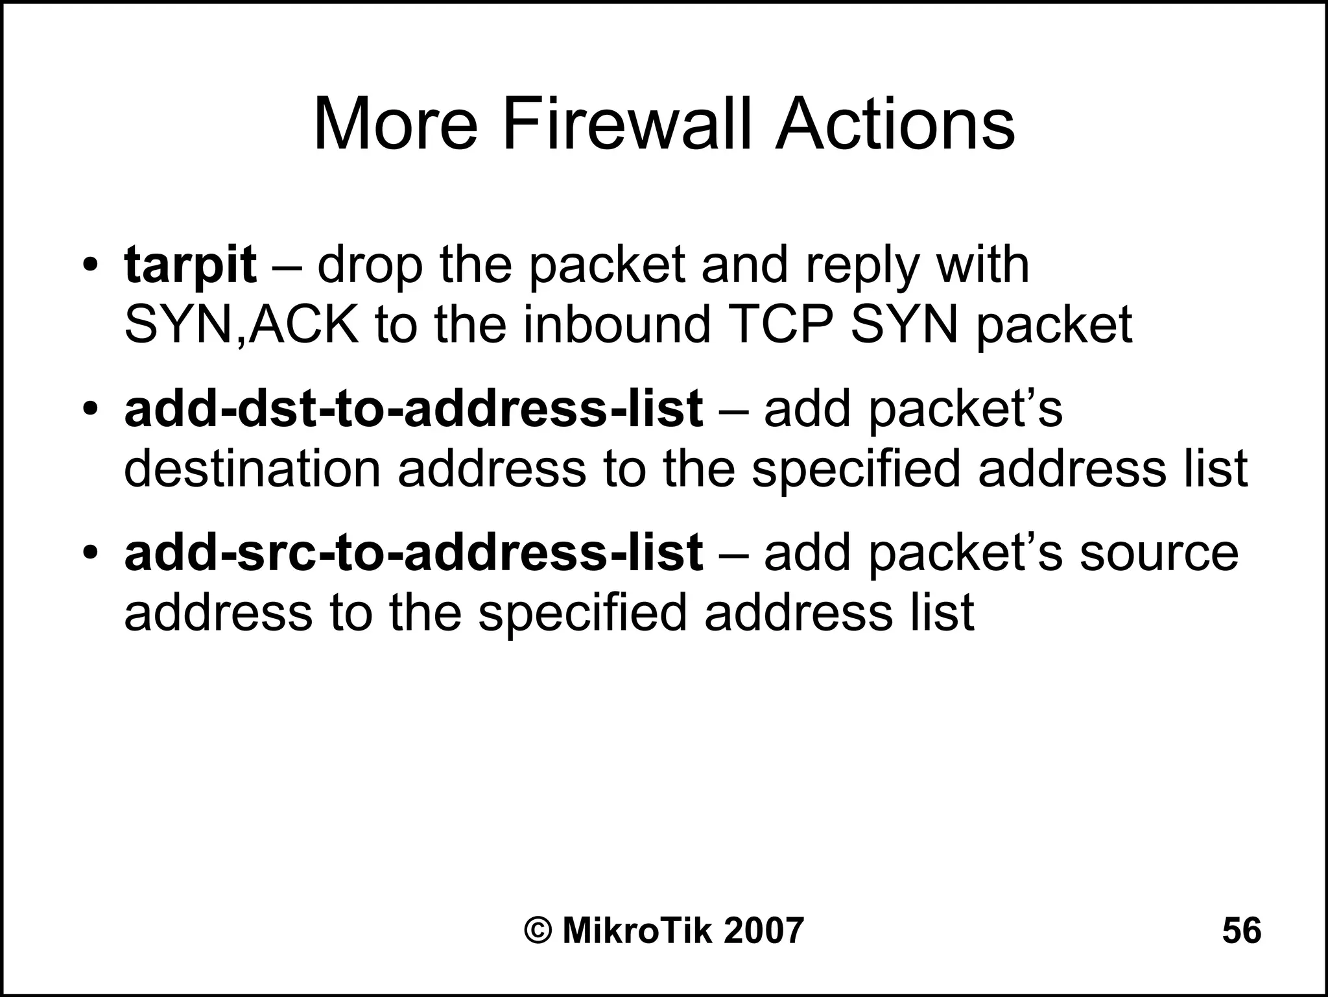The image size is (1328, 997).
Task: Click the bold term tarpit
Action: point(190,265)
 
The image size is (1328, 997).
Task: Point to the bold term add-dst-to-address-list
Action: point(413,409)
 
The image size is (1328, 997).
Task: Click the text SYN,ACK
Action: point(241,324)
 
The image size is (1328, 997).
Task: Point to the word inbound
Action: point(617,324)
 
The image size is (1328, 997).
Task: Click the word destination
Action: point(252,468)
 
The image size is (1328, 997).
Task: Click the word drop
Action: point(370,267)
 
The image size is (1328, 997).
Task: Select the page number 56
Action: point(1241,931)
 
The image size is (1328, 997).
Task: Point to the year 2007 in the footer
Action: point(763,931)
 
